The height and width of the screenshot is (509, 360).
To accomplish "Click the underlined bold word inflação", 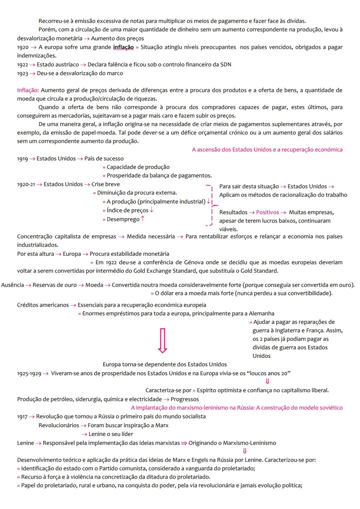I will tap(123, 47).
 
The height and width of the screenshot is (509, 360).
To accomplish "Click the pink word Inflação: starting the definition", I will tap(28, 90).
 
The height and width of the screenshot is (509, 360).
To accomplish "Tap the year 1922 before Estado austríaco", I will tap(22, 65).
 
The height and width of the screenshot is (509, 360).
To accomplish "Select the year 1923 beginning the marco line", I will tap(22, 73).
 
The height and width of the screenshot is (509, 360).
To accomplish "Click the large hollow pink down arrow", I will tap(162, 340).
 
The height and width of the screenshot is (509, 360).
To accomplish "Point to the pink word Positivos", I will tap(267, 212).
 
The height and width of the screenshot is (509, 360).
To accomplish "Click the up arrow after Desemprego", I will tap(143, 219).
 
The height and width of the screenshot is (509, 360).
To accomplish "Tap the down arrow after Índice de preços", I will tap(152, 210).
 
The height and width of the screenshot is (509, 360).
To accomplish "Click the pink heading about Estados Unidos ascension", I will tap(267, 150).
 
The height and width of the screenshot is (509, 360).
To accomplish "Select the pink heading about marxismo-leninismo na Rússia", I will tap(237, 408).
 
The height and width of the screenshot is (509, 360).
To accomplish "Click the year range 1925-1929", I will tap(29, 374).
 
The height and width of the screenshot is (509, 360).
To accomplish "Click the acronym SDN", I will tap(226, 65).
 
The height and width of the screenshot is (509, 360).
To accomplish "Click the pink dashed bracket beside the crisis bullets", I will tap(210, 205).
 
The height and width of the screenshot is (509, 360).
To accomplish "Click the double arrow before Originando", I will tap(184, 443).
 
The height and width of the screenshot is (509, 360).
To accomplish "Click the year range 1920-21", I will tap(26, 184).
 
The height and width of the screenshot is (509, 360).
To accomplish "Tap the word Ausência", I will tap(13, 285).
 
